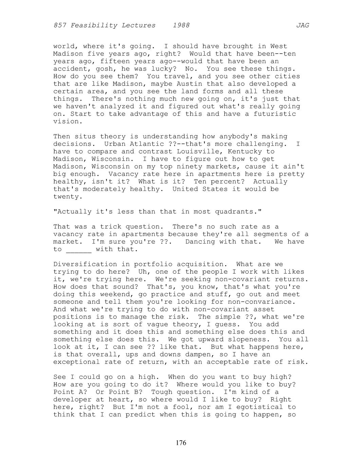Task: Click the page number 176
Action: (x=181, y=443)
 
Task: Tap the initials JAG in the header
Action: (x=302, y=25)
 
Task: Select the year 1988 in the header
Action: (x=181, y=25)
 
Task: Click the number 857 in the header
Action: (x=60, y=25)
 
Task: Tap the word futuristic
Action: (x=275, y=114)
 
